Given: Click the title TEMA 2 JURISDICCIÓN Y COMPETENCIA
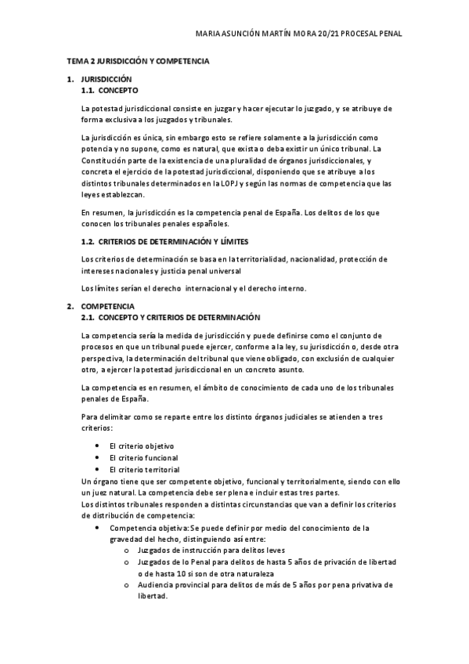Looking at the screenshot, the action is tap(137, 60).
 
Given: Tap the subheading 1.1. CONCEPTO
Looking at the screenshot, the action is tap(110, 91).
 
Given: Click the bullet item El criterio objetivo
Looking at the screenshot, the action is tap(142, 446).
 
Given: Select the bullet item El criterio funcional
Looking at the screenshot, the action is tap(143, 457).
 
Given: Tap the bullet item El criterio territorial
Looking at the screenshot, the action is tap(144, 468).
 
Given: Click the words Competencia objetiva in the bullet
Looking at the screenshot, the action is tap(144, 528).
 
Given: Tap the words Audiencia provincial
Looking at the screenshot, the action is tap(175, 584).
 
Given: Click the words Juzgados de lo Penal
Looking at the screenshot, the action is tap(174, 562).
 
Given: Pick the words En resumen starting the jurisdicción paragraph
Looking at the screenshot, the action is tap(101, 212).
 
